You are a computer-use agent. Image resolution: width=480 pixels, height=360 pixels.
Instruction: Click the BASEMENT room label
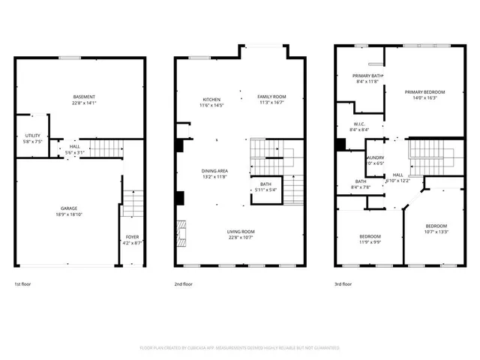tap(84, 97)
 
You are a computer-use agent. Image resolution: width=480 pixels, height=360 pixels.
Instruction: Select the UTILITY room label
tap(32, 135)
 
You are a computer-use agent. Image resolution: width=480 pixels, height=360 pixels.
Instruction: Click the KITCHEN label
tap(211, 100)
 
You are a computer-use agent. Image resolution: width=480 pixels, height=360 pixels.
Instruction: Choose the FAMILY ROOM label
tap(271, 97)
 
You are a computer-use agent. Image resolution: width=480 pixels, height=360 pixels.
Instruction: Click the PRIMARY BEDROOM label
tap(425, 92)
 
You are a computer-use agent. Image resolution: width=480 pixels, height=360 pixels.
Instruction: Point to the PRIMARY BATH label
tap(368, 76)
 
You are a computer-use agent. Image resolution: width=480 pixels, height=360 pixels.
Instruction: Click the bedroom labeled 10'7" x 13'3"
tap(436, 226)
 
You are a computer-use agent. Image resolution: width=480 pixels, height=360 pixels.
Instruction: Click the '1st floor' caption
tap(22, 284)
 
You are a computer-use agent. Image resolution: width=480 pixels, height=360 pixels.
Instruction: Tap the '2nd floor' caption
tap(183, 284)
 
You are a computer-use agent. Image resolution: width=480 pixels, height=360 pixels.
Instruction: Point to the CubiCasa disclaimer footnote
tap(240, 348)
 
